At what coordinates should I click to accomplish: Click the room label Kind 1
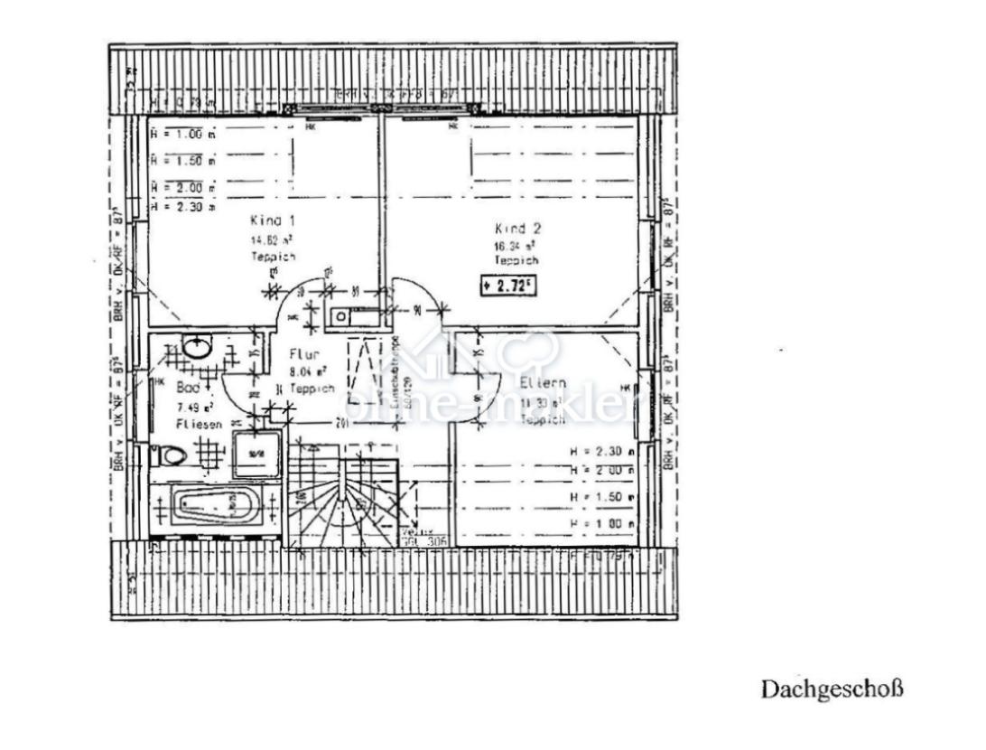click(x=271, y=220)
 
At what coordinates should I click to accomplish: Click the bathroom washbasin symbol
click(x=196, y=346)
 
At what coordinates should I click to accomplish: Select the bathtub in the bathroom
click(x=215, y=506)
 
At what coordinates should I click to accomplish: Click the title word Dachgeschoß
click(x=831, y=689)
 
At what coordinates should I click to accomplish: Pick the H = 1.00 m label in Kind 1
click(x=182, y=135)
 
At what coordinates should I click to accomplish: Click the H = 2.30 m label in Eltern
click(x=601, y=451)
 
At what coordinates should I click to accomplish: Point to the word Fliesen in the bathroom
click(x=199, y=422)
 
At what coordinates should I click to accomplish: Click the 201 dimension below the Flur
click(x=343, y=422)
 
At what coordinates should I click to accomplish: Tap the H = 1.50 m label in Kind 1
click(x=182, y=161)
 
